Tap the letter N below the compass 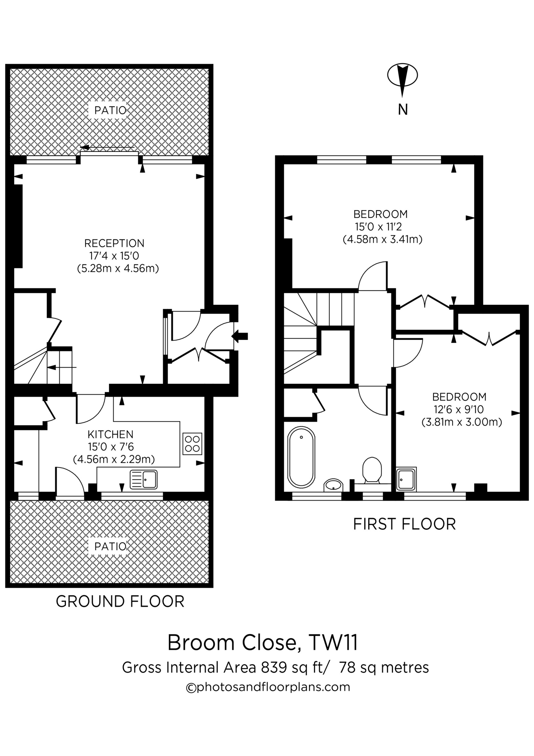[x=403, y=109]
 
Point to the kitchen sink [x=144, y=479]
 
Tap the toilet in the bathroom [x=372, y=470]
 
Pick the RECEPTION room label [x=114, y=243]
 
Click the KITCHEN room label [x=110, y=435]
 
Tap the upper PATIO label [x=110, y=111]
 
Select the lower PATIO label [x=110, y=547]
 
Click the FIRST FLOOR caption [x=404, y=524]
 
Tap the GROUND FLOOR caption [x=120, y=602]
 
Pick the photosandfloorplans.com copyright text [x=268, y=687]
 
